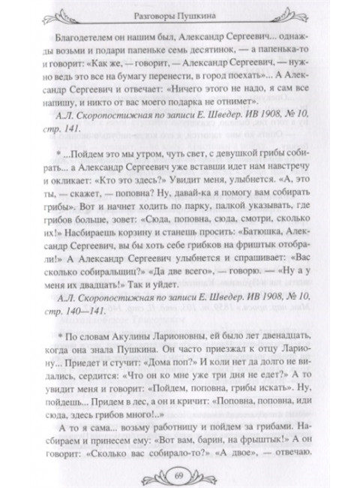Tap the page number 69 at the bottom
[x=180, y=471]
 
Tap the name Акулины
[x=157, y=312]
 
